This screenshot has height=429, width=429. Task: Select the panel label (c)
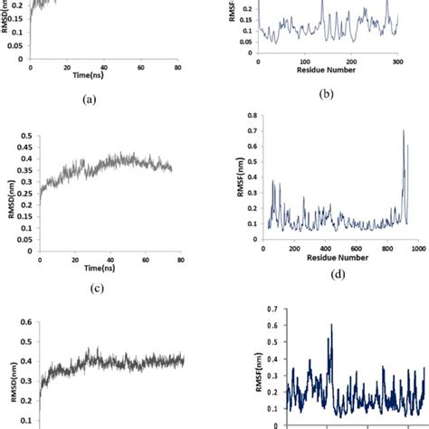pos(89,289)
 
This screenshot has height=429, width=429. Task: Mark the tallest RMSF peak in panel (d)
pos(403,131)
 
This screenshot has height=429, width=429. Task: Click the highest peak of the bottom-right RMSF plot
pos(331,325)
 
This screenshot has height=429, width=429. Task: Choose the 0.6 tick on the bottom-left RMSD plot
pos(28,321)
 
